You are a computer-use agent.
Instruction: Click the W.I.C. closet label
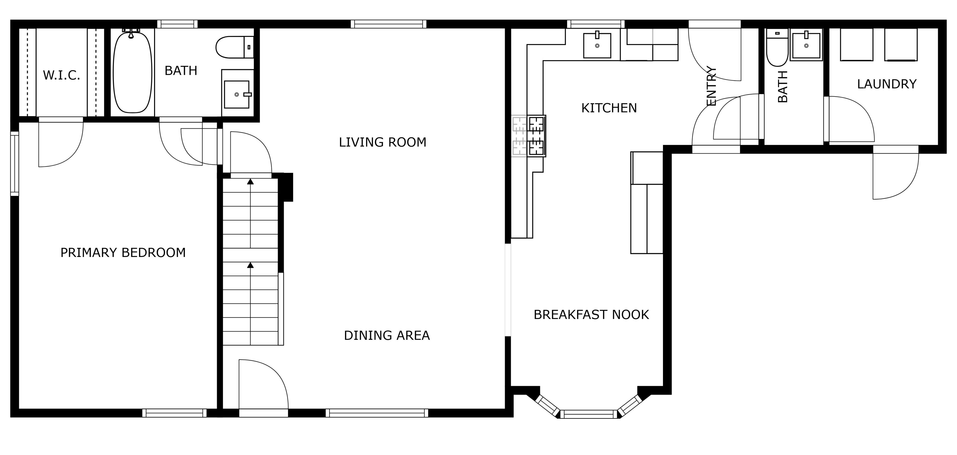pyautogui.click(x=62, y=75)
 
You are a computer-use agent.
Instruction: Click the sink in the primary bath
pyautogui.click(x=237, y=95)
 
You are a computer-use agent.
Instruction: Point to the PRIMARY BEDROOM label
pyautogui.click(x=123, y=253)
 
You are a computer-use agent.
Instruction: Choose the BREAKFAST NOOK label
pyautogui.click(x=591, y=315)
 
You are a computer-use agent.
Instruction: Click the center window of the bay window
pyautogui.click(x=589, y=414)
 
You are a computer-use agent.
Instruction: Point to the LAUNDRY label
pyautogui.click(x=887, y=84)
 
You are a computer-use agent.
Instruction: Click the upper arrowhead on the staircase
pyautogui.click(x=250, y=181)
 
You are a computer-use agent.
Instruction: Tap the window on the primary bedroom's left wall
pyautogui.click(x=14, y=164)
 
